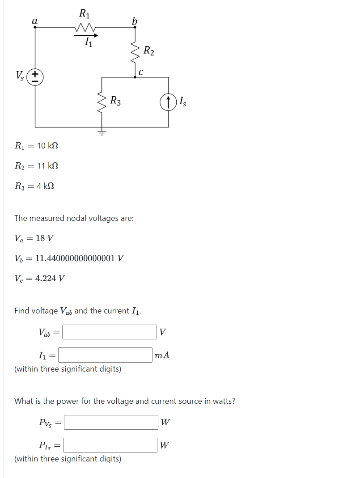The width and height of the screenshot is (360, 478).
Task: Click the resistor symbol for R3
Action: tap(102, 102)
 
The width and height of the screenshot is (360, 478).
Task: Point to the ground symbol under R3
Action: tap(102, 131)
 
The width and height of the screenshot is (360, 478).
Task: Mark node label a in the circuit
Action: tap(34, 20)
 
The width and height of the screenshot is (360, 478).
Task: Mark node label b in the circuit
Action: tap(135, 21)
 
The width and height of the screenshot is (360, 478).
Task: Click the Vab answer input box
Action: tap(110, 332)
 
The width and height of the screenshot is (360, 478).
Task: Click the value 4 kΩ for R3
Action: tap(46, 186)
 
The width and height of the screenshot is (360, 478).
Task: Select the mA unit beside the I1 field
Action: tap(161, 355)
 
